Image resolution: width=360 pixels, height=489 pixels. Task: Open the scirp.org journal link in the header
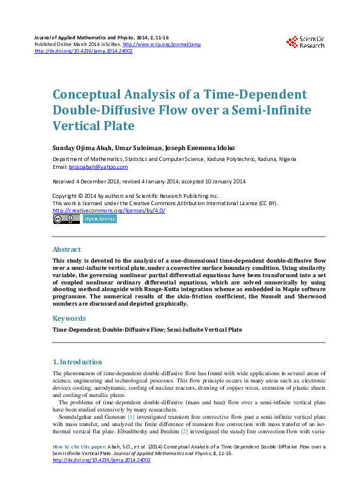162,45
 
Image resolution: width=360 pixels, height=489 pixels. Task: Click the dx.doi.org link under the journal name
83,51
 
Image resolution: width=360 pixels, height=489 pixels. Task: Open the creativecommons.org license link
109,210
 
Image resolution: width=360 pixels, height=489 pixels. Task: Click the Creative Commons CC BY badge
66,219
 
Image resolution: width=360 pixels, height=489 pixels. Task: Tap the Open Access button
100,219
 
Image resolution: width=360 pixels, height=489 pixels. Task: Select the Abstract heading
67,249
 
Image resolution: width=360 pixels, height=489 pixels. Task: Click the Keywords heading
69,318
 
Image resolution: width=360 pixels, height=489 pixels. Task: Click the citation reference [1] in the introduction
130,417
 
